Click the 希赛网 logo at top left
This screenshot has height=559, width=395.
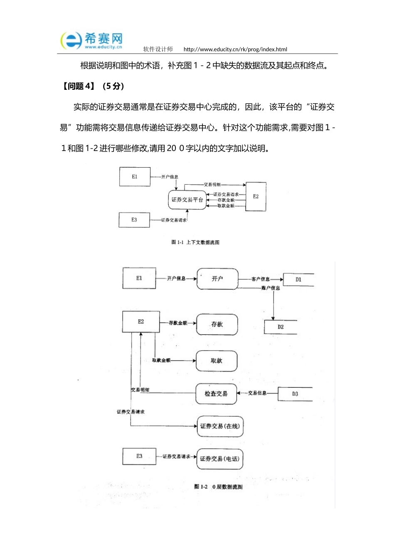[92, 41]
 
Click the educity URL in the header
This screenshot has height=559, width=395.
[235, 49]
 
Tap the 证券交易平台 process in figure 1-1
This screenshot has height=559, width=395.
[187, 200]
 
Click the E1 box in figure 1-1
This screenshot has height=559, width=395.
[135, 177]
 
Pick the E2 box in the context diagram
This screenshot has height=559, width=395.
[256, 196]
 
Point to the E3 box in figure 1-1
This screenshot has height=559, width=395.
[134, 220]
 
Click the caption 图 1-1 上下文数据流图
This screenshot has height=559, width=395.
[195, 242]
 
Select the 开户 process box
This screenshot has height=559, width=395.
[217, 279]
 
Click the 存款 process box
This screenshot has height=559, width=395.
[217, 324]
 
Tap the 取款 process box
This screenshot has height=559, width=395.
[216, 361]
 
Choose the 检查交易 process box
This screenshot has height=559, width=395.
[216, 393]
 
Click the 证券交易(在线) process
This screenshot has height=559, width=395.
[220, 426]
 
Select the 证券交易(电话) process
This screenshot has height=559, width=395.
[220, 459]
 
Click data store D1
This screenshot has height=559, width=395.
[298, 279]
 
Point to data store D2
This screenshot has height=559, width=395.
[280, 327]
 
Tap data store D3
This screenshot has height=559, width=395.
[295, 394]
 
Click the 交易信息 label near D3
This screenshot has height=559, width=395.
[257, 393]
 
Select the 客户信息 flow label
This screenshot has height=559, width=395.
[260, 279]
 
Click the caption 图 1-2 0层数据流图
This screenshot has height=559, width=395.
[218, 487]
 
